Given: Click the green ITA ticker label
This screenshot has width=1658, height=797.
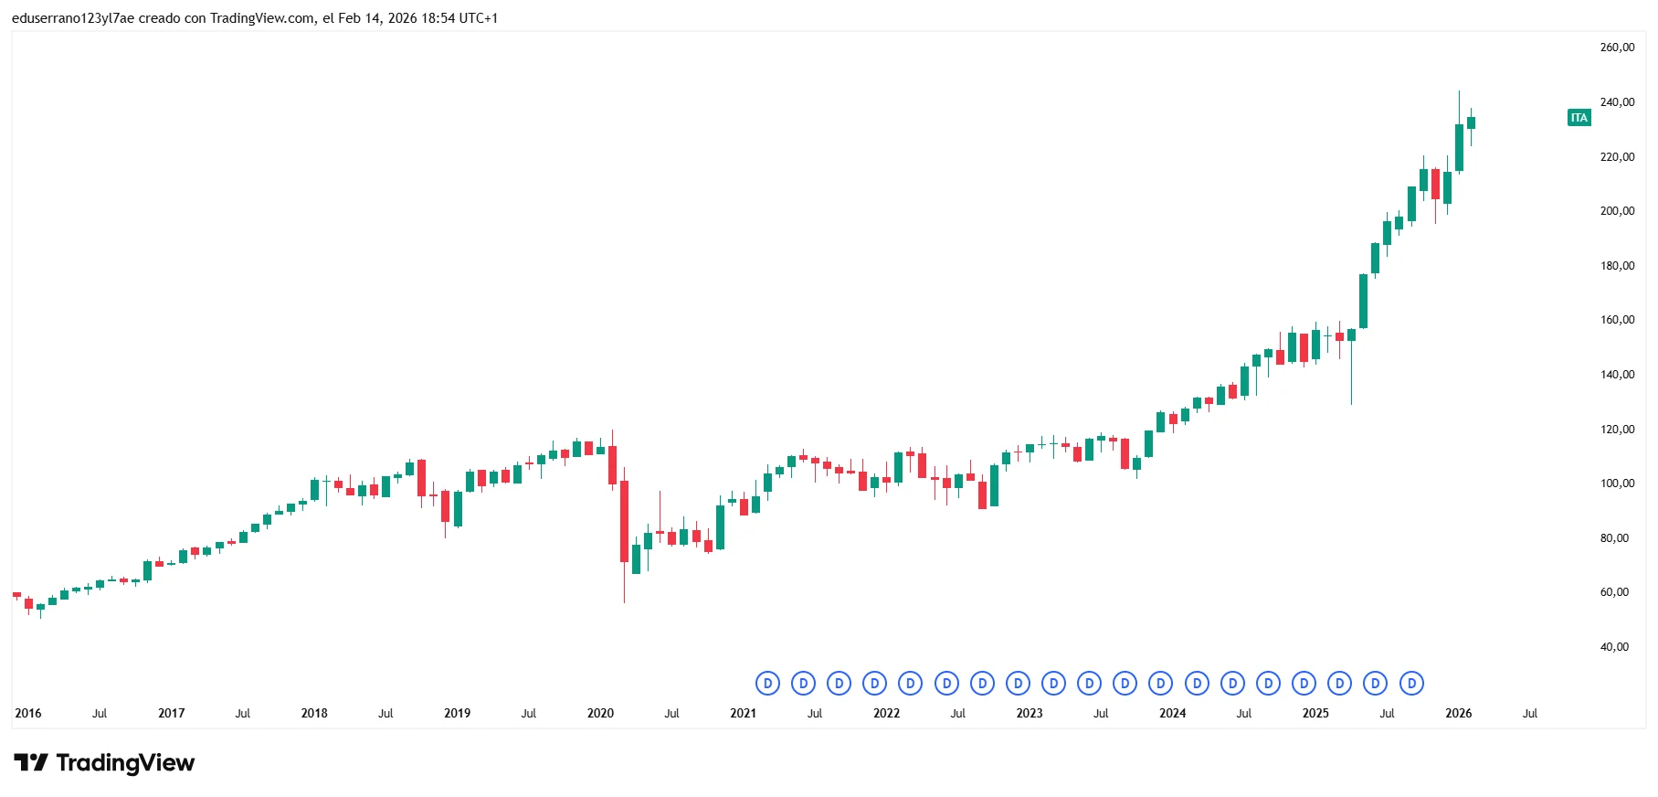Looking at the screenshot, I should coord(1579,118).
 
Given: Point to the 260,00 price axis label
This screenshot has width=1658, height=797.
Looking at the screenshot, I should coord(1617,48).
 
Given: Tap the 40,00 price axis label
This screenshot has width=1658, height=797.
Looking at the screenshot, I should coord(1614,647).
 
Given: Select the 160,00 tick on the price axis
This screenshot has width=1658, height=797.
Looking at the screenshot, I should coord(1617,320).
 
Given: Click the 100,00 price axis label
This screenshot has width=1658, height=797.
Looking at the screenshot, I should coord(1617,484).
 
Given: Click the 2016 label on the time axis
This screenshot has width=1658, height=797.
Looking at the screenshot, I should coord(28,714).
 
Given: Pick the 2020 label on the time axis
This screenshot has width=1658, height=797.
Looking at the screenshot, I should coord(600,714).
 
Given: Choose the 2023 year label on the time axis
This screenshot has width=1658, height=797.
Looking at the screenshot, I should coord(1030,714).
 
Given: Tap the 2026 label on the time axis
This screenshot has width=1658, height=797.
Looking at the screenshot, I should coord(1458,714).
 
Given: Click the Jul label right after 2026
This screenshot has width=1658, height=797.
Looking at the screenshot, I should coord(1530,714).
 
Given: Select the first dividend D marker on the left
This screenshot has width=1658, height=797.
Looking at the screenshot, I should coord(767,684).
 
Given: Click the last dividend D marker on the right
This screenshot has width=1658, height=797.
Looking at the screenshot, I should coord(1411,684).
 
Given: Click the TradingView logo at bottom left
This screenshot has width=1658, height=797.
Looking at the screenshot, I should coord(104,763).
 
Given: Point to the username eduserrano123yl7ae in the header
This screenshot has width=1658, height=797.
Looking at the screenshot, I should coord(73,18).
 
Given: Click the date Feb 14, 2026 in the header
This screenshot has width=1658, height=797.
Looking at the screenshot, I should coord(377,18).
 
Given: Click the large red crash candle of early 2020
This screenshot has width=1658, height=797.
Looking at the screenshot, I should coord(624,521).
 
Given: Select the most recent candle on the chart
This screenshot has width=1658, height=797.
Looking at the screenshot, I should coord(1471,123).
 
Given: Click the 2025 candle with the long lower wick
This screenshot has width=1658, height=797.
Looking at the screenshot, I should coord(1351,347).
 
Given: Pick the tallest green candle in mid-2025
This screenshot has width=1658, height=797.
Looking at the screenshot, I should coord(1363,301).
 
